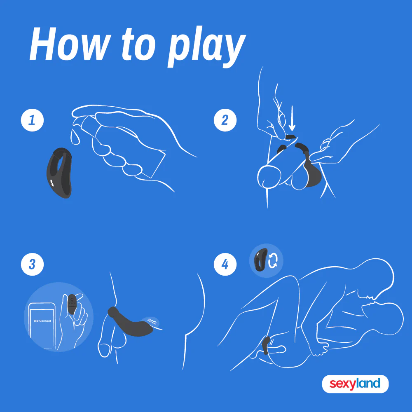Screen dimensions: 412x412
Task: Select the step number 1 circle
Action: [32, 120]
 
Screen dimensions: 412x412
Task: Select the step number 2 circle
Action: [225, 120]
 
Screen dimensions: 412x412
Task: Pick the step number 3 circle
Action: [32, 264]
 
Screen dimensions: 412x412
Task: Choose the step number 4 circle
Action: [225, 264]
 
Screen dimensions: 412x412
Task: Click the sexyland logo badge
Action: [355, 384]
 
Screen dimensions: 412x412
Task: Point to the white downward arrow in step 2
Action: [292, 118]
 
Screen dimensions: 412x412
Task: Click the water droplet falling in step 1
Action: [75, 137]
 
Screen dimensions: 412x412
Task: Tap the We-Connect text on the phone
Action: [42, 321]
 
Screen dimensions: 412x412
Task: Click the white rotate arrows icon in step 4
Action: [272, 261]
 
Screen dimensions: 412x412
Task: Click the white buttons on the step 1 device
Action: [52, 183]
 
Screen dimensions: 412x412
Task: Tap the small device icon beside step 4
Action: [260, 260]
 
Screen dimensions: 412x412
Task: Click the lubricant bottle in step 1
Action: [124, 146]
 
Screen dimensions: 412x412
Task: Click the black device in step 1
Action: [59, 173]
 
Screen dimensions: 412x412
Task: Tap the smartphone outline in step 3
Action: [42, 326]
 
